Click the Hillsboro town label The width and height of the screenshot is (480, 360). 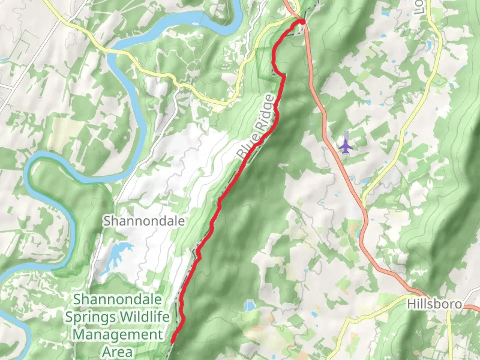pos(434,304)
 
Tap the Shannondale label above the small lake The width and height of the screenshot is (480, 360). pos(143,221)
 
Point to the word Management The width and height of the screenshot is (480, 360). pos(118,334)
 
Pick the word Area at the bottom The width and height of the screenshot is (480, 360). pos(118,351)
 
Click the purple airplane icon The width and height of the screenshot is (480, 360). pos(346,145)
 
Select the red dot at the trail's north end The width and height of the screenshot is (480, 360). pos(302,22)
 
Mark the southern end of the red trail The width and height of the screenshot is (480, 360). pos(172,341)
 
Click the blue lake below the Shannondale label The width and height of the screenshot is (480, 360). pos(116,256)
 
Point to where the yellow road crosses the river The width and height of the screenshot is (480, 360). pos(109,53)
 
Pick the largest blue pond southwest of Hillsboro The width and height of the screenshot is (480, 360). pos(249,306)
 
